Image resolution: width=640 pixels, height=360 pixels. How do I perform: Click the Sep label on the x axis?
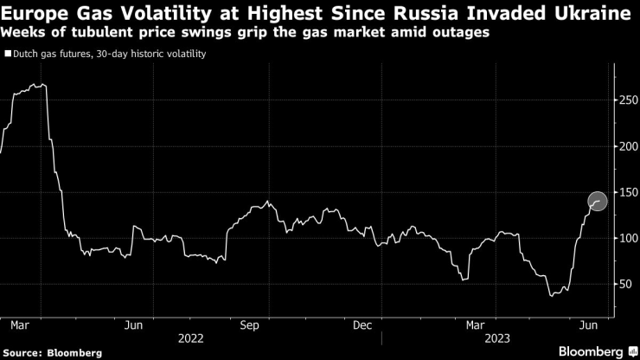click(249, 325)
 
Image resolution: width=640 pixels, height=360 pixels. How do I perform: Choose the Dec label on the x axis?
click(363, 325)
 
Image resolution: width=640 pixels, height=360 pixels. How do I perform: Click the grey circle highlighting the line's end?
click(598, 201)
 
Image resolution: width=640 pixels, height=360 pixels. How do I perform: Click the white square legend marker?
click(8, 54)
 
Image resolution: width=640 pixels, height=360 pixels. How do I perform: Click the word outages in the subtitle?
click(462, 33)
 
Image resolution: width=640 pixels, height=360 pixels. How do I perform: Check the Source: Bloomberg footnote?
click(52, 352)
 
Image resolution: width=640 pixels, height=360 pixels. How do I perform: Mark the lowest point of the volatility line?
click(551, 296)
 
